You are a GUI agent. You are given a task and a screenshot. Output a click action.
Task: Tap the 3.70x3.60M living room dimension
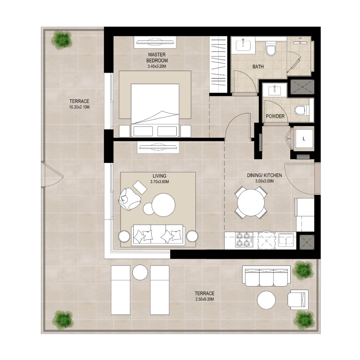[x=159, y=182]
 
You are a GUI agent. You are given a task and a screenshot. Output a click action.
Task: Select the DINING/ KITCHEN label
[x=264, y=175]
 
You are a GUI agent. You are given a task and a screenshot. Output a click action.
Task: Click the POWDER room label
[x=275, y=116]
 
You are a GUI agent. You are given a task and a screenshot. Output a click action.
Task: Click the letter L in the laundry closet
[x=304, y=139]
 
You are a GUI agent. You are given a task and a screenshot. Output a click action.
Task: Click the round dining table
[x=251, y=203]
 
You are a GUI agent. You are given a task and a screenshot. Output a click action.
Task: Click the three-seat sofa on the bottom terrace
[x=265, y=276]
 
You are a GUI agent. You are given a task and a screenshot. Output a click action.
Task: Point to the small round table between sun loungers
[x=140, y=273]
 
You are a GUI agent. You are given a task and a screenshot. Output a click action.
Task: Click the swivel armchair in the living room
[x=129, y=198]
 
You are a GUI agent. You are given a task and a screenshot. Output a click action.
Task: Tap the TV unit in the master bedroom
[x=155, y=43]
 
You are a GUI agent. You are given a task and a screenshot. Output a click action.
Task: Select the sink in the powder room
[x=274, y=90]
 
